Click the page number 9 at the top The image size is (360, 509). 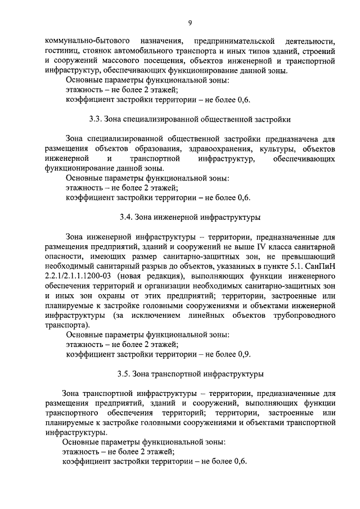click(x=190, y=22)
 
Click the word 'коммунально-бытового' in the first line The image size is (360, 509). click(x=82, y=42)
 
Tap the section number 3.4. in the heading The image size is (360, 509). click(x=127, y=217)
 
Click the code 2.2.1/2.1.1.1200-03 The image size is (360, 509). click(x=78, y=277)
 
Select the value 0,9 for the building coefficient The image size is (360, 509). click(x=244, y=354)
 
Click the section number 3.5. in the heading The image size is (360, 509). click(x=125, y=373)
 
